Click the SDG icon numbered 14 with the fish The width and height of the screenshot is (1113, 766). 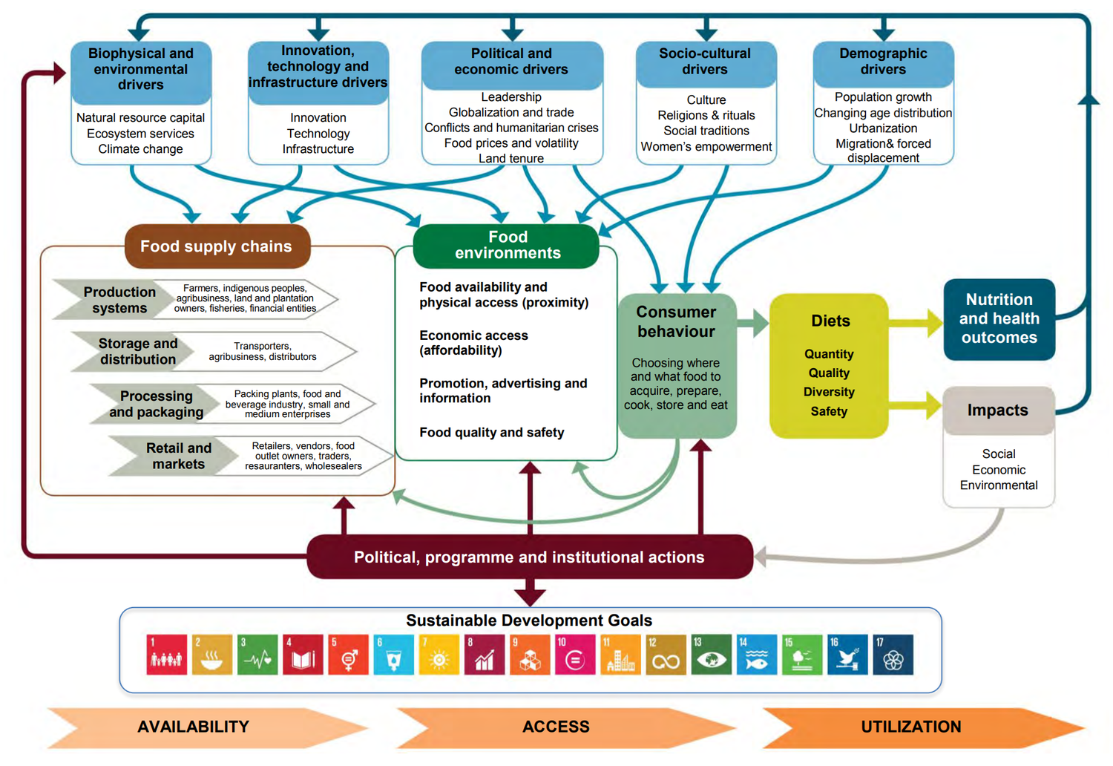pos(756,655)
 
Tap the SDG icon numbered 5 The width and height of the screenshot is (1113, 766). pos(348,655)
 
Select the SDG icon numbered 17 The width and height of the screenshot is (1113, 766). pos(893,655)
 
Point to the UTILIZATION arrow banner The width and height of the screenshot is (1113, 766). pos(911,727)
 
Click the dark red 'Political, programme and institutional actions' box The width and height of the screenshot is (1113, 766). pos(529,557)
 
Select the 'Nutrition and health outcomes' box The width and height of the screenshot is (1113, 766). pos(999,318)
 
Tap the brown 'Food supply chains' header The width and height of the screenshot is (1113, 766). pos(216,246)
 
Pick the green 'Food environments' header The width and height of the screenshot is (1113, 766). pos(508,245)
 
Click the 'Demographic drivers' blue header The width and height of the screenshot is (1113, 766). pos(883,62)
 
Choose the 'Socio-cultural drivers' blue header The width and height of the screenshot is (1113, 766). pos(705,62)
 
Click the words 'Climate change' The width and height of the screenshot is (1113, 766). pos(140,148)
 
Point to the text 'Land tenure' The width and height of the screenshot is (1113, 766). pos(511,158)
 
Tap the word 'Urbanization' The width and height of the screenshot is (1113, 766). pos(883,128)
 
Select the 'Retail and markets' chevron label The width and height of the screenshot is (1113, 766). pos(178,456)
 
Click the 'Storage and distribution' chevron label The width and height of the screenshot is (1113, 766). pos(138,351)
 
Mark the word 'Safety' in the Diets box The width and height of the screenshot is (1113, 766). pos(829,411)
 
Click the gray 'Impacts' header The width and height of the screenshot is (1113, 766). pos(997,410)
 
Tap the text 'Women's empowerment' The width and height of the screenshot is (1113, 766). pos(706,146)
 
